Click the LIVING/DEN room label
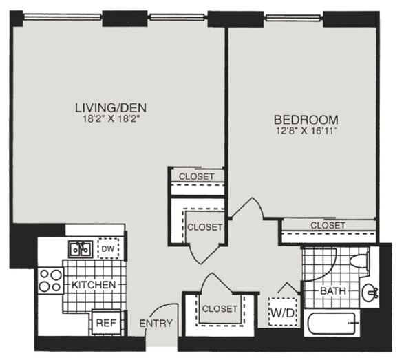pos(111,107)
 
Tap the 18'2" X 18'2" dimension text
pos(111,119)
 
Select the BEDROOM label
pos(306,120)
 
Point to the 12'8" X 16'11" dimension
pos(307,131)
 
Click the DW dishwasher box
pos(108,248)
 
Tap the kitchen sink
pos(81,249)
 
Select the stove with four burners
pos(50,281)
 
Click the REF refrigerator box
pos(107,323)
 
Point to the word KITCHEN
pos(94,285)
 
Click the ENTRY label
pos(156,323)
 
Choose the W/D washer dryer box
pos(283,312)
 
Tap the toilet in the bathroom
pos(359,260)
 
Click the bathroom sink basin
pos(370,293)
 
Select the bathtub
pos(332,323)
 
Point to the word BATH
pos(333,291)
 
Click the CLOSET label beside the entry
pos(220,308)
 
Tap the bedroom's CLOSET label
pos(328,225)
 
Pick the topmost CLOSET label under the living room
pos(197,176)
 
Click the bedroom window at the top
pos(293,18)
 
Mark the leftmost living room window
pos(63,17)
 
